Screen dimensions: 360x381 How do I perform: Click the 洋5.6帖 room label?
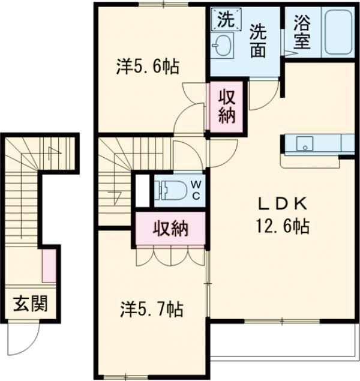(148, 67)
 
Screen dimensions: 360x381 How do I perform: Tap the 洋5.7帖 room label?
(152, 309)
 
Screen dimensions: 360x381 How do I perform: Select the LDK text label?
(283, 205)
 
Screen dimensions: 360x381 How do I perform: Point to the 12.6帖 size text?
(282, 226)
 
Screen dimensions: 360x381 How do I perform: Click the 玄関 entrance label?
(30, 304)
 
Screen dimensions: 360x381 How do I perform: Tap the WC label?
(196, 190)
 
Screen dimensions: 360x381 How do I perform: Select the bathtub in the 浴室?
(338, 32)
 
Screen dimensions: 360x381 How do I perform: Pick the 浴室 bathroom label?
(302, 32)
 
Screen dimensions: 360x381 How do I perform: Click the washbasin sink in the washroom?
(222, 45)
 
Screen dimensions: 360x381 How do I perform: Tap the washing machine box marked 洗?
(226, 19)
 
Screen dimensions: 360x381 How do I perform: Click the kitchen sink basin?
(304, 143)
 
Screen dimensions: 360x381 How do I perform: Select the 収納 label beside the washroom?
(227, 106)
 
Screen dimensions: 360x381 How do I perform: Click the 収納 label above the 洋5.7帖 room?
(171, 228)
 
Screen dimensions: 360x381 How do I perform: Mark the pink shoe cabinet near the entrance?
(49, 266)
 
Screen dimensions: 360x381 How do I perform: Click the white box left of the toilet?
(142, 191)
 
